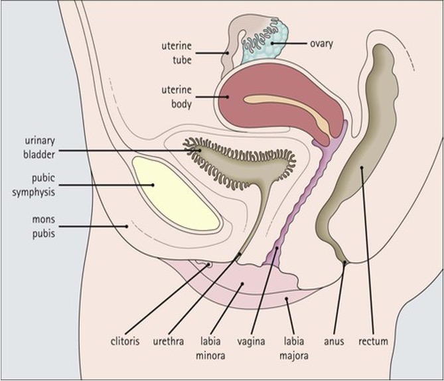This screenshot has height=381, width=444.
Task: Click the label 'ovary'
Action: coord(321,44)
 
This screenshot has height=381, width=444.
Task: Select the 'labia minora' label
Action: coord(211,348)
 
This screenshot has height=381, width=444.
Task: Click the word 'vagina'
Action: coord(252,342)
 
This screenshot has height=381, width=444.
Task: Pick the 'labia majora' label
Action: coord(295,348)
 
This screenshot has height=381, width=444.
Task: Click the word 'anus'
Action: coord(334,342)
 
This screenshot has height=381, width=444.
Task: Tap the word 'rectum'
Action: coord(373,342)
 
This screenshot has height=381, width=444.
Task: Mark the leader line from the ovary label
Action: coord(289,44)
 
